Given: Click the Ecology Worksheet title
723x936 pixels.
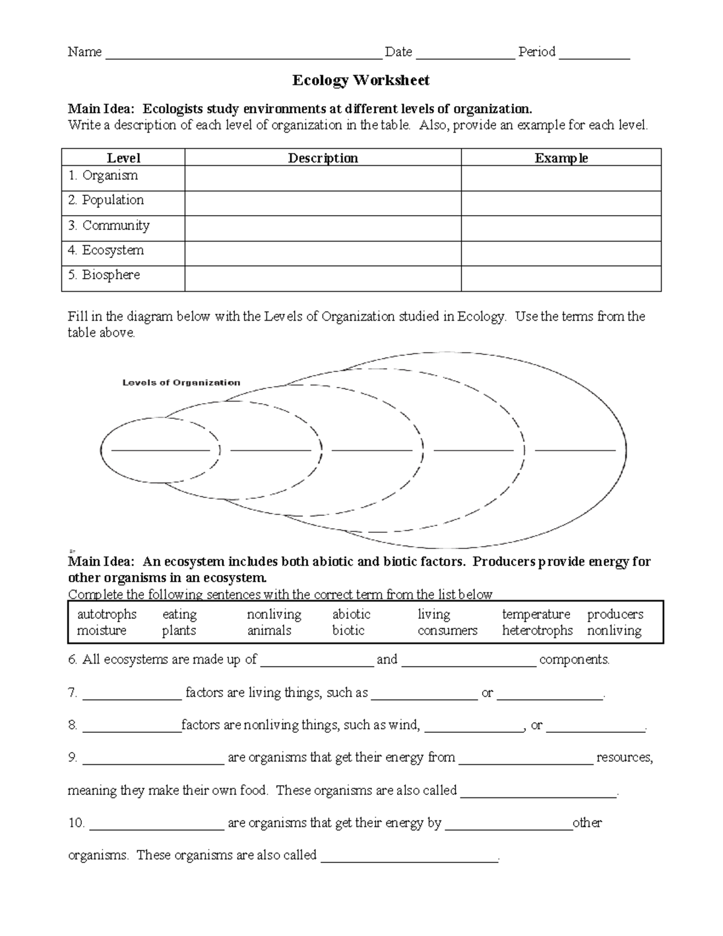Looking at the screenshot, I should [360, 80].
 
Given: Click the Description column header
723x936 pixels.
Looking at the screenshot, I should [323, 158].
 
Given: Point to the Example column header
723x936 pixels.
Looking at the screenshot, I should [561, 158].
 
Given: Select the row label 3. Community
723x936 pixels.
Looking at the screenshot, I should [109, 225].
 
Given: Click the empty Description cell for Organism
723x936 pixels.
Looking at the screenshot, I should [323, 178].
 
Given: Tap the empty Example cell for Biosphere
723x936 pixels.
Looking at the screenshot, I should [561, 278].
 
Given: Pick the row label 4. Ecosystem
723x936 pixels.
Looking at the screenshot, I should [106, 250].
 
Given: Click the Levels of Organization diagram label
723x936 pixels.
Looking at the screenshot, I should [181, 383].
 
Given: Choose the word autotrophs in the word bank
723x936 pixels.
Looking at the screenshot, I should [107, 614].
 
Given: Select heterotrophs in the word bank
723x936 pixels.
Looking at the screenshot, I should [537, 630].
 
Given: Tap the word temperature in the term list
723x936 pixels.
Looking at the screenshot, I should [536, 614].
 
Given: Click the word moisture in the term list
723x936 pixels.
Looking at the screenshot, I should [101, 630].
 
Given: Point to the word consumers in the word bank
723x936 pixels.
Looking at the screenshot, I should [447, 630].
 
